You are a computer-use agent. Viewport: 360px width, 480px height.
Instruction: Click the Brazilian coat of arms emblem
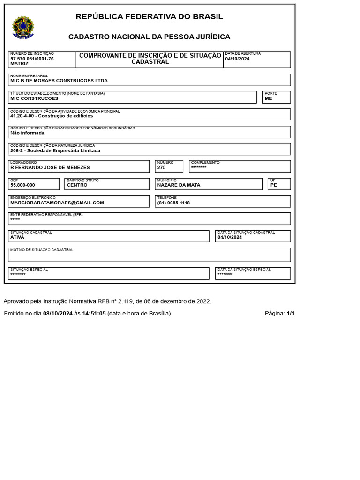pyautogui.click(x=23, y=27)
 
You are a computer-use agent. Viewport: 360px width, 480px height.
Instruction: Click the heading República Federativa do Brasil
pyautogui.click(x=149, y=17)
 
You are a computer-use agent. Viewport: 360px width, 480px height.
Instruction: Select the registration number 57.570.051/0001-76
pyautogui.click(x=32, y=59)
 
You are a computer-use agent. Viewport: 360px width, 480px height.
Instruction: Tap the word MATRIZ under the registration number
pyautogui.click(x=19, y=63)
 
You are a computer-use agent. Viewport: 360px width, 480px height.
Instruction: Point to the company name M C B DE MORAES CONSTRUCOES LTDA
pyautogui.click(x=59, y=81)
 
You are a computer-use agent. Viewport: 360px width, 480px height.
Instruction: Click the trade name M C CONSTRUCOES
pyautogui.click(x=34, y=98)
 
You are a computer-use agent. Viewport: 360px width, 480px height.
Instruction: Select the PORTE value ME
pyautogui.click(x=268, y=98)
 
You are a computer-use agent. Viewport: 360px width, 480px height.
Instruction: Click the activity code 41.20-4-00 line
pyautogui.click(x=52, y=116)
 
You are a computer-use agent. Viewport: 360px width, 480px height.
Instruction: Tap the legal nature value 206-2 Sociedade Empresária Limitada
pyautogui.click(x=55, y=151)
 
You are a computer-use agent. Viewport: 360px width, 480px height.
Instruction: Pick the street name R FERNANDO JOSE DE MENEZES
pyautogui.click(x=50, y=167)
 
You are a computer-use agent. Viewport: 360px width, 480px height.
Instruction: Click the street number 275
pyautogui.click(x=162, y=167)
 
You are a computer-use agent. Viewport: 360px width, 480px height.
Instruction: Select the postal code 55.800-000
pyautogui.click(x=22, y=185)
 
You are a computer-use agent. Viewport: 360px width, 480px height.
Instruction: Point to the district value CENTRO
pyautogui.click(x=77, y=185)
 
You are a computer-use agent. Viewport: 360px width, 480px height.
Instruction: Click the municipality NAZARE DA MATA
pyautogui.click(x=179, y=185)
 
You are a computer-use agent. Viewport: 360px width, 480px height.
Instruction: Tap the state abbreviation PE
pyautogui.click(x=274, y=185)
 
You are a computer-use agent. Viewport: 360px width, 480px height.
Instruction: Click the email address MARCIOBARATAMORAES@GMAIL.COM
pyautogui.click(x=57, y=203)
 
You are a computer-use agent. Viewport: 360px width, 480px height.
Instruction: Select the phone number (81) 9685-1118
pyautogui.click(x=173, y=203)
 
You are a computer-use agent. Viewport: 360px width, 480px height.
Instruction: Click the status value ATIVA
pyautogui.click(x=17, y=237)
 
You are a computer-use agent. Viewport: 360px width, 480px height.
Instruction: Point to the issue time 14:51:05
pyautogui.click(x=94, y=314)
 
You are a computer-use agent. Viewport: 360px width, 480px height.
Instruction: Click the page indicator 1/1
pyautogui.click(x=290, y=314)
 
